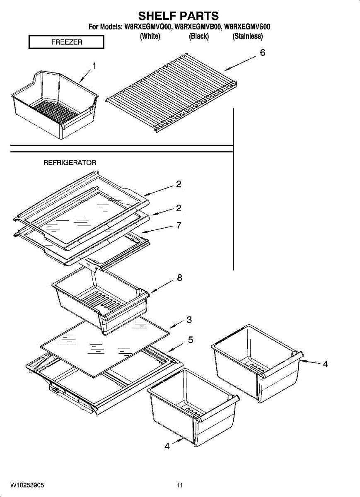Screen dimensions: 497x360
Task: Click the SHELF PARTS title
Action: pyautogui.click(x=178, y=16)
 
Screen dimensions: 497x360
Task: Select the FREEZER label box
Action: pyautogui.click(x=66, y=42)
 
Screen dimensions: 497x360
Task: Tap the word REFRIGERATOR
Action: pyautogui.click(x=70, y=163)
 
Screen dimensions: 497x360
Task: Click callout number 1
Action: pyautogui.click(x=94, y=66)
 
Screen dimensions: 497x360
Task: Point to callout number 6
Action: pyautogui.click(x=262, y=53)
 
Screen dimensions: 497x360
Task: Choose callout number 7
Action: pyautogui.click(x=179, y=225)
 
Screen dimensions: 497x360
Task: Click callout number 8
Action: pyautogui.click(x=179, y=278)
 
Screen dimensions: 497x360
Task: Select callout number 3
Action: pyautogui.click(x=189, y=320)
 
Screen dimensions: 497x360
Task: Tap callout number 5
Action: pyautogui.click(x=190, y=340)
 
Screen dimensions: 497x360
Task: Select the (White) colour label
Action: pyautogui.click(x=150, y=36)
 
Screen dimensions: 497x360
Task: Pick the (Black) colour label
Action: pyautogui.click(x=199, y=36)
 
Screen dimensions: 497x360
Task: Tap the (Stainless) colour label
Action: pyautogui.click(x=248, y=36)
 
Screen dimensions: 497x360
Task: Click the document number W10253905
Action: pyautogui.click(x=27, y=485)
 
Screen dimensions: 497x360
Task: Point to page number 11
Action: pyautogui.click(x=179, y=485)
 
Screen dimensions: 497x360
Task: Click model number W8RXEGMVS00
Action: pyautogui.click(x=247, y=27)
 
